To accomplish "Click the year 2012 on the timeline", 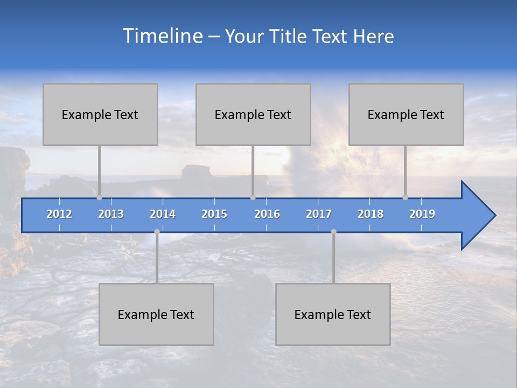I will [59, 214].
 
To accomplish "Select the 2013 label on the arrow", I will [111, 214].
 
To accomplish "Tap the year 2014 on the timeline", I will [163, 214].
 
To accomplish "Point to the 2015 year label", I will [214, 214].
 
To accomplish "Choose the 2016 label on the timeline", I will [267, 214].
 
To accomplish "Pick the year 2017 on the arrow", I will [319, 214].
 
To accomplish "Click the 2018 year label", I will [371, 214].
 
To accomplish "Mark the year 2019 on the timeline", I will [422, 214].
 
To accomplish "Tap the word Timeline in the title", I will [162, 36].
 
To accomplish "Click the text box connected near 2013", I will [100, 114].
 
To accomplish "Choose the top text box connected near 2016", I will [253, 114].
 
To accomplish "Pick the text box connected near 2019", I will [406, 114].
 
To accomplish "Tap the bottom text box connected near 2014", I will [156, 314].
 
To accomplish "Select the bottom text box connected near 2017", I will [333, 314].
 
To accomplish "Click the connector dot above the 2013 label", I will [99, 198].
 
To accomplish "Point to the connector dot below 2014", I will [157, 232].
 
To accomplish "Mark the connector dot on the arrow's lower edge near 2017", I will [333, 232].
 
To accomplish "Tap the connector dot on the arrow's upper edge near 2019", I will [405, 198].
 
